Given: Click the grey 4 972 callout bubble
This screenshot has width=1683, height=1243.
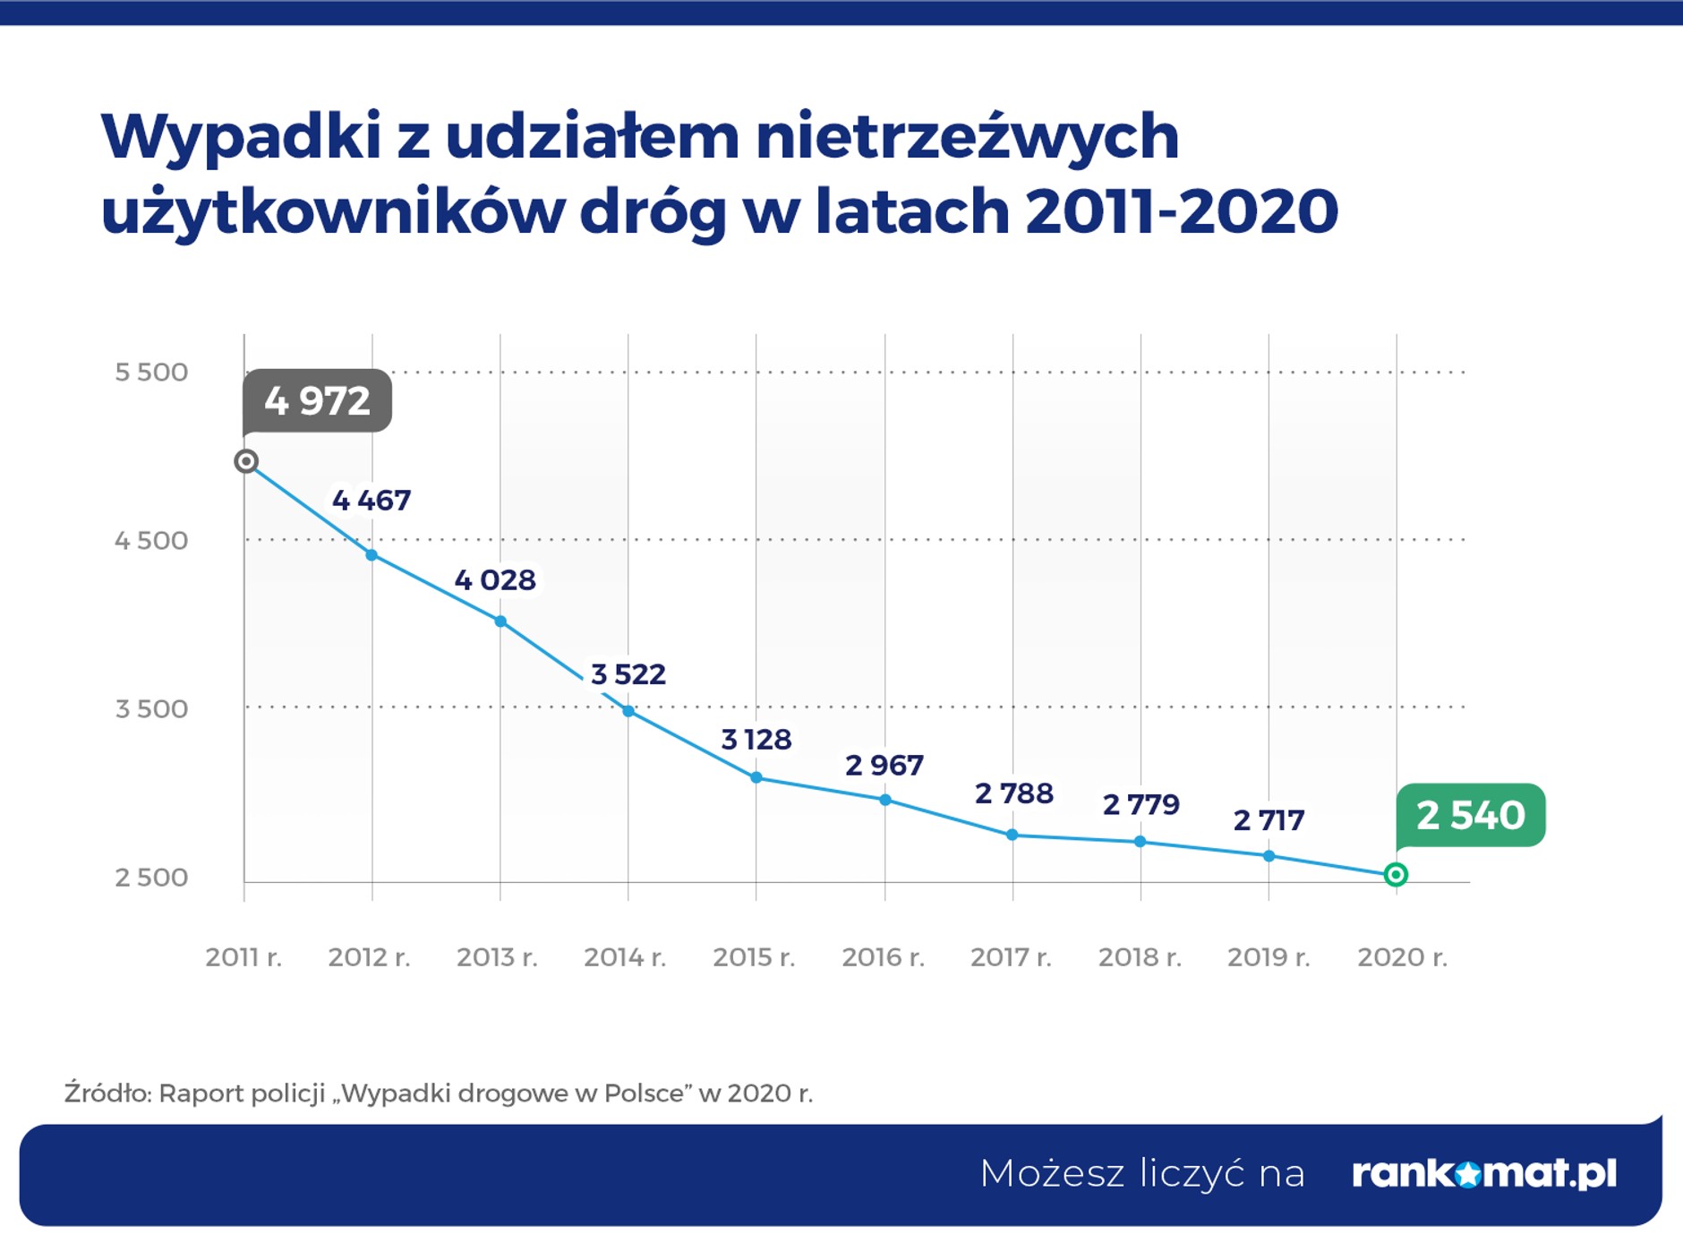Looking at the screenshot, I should [317, 400].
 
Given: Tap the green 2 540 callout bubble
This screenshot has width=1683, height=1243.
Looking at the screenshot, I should [1470, 815].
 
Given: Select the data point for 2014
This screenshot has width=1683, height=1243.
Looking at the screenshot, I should [628, 711].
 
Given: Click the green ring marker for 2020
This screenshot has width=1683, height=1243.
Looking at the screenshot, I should [1396, 875].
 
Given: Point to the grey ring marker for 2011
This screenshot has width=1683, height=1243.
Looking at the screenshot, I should [246, 461].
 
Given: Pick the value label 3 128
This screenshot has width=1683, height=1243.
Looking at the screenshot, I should [756, 740].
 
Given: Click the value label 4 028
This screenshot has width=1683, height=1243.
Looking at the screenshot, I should [495, 580].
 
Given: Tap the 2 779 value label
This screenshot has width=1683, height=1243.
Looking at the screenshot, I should [1141, 804].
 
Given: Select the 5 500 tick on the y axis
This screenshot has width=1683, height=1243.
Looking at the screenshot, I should [151, 372].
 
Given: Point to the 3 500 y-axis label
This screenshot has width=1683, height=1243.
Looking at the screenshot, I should [151, 708].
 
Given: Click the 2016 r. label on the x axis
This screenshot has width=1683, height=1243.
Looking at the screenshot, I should [883, 957].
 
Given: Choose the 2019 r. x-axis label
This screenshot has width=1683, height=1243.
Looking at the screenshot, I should [1269, 957].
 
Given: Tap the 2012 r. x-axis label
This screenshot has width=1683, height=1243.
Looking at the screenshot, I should [369, 957].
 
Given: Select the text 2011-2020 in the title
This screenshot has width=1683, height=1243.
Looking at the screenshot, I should [1182, 212].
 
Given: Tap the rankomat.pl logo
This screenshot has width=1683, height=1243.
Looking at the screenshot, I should [1484, 1173].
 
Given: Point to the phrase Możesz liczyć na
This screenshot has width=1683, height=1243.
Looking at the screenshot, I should [1142, 1173].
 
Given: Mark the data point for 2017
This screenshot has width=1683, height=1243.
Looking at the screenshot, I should [1012, 835].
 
